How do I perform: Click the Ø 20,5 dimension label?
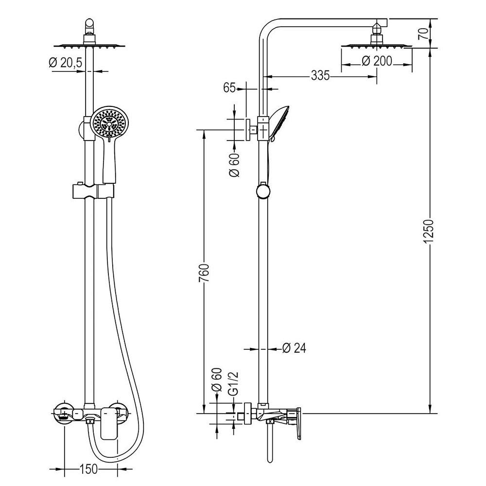[x=66, y=63]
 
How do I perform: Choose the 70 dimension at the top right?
[x=423, y=33]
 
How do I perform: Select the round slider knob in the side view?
[x=262, y=191]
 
